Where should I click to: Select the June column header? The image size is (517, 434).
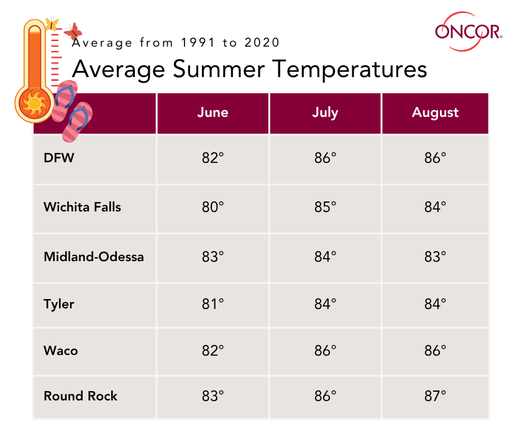tap(213, 113)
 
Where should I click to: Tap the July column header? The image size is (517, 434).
tap(325, 113)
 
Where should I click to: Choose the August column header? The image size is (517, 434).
tap(435, 113)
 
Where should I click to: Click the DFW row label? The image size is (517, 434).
tap(59, 158)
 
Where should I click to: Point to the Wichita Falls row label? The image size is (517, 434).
tap(82, 206)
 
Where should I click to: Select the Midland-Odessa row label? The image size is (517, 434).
tap(93, 256)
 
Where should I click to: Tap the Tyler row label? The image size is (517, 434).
tap(59, 304)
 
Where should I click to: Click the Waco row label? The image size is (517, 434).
tap(60, 350)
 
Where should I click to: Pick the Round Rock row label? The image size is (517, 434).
tap(80, 396)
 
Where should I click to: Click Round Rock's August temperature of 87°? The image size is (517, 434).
tap(435, 396)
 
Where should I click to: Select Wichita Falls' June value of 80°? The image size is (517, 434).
tap(213, 206)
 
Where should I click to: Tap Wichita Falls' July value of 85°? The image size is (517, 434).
tap(325, 206)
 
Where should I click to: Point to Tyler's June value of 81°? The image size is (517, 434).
tap(213, 304)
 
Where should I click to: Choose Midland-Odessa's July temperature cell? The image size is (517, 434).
tap(325, 256)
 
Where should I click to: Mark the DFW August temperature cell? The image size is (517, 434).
tap(435, 158)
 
